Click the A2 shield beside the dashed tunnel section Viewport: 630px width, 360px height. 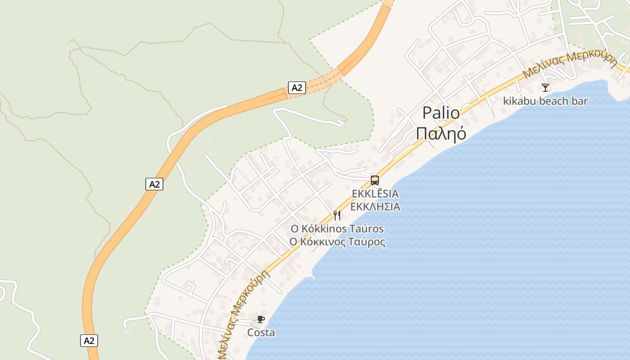coord(297,88)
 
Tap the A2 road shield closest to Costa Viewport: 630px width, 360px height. coord(89,340)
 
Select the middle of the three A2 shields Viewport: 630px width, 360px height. coord(154,184)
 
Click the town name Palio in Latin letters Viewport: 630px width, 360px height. coord(441,113)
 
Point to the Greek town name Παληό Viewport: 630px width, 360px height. coord(441,134)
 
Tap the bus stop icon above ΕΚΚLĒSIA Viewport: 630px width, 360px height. coord(374,180)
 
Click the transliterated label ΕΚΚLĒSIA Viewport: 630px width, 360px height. coord(375,194)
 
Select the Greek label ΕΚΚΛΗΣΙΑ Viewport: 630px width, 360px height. coord(375,207)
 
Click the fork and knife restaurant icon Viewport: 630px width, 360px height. coord(337,216)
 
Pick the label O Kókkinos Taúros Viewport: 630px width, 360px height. coord(337,229)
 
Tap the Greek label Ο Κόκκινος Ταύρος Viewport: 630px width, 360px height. coord(337,242)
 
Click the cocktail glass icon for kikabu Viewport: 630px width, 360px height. coord(545,87)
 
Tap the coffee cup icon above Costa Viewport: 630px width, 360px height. coord(261,319)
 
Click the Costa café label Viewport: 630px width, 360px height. coord(261,333)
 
